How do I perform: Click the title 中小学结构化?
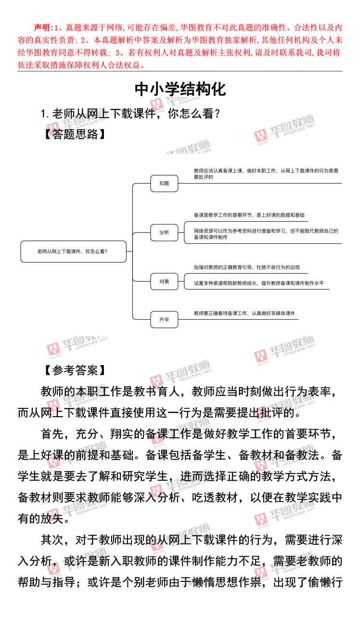pyautogui.click(x=180, y=89)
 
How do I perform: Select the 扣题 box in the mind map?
pyautogui.click(x=164, y=183)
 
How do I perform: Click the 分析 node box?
pyautogui.click(x=164, y=232)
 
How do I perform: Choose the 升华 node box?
pyautogui.click(x=164, y=319)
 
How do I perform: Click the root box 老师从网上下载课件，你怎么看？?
pyautogui.click(x=73, y=251)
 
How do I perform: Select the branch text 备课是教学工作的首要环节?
pyautogui.click(x=249, y=215)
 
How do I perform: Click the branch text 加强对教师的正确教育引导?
pyautogui.click(x=247, y=267)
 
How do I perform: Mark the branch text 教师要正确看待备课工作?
pyautogui.click(x=244, y=313)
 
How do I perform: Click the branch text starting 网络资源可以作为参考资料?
pyautogui.click(x=266, y=234)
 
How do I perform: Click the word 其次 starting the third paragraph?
pyautogui.click(x=51, y=540)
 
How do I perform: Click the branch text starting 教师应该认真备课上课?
pyautogui.click(x=266, y=173)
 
